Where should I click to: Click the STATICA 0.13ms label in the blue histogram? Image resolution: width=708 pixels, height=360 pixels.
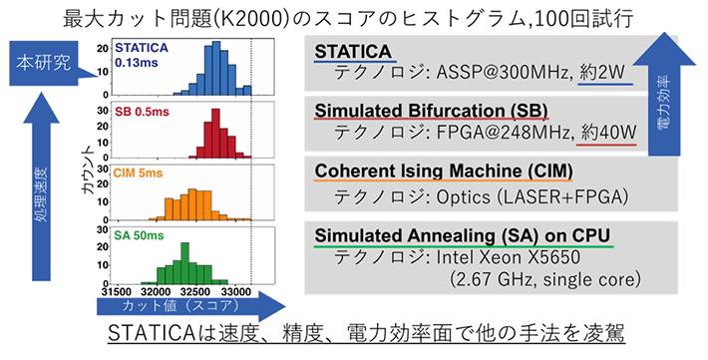coord(141,55)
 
